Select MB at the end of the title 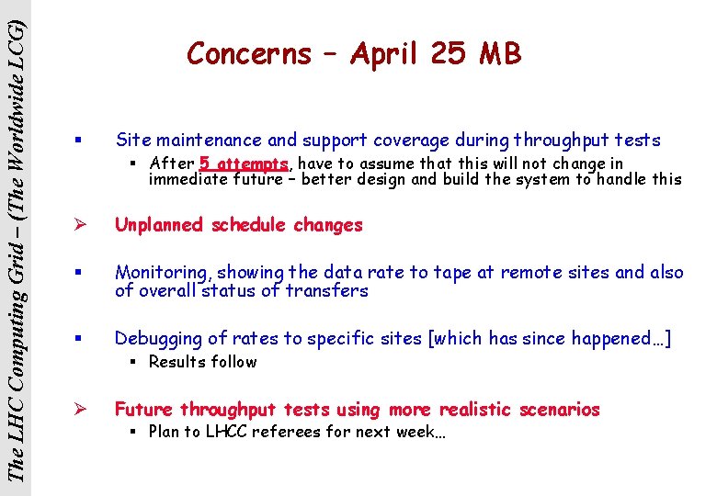[x=499, y=55]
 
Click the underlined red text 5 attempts [x=244, y=163]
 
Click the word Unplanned [x=159, y=225]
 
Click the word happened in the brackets [x=614, y=339]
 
